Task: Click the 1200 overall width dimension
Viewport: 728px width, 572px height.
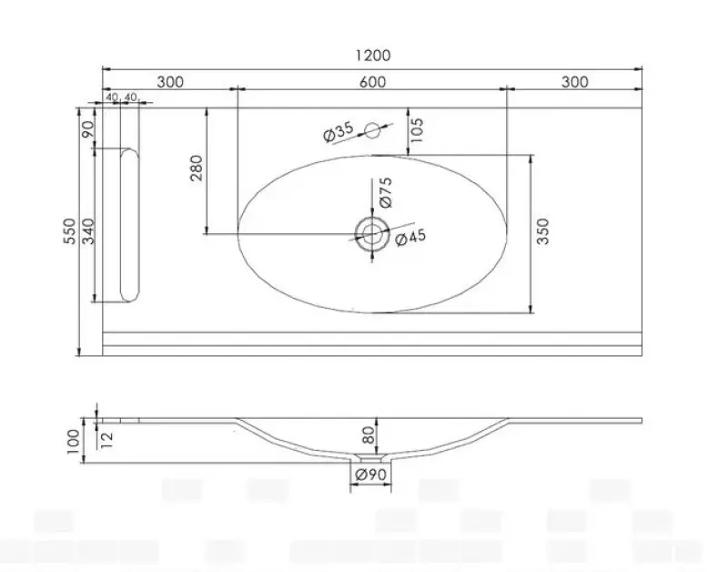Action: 372,56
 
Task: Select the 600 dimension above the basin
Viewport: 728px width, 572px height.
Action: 372,82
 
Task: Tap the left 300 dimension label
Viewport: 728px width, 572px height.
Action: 170,82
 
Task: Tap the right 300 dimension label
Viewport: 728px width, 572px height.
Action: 574,82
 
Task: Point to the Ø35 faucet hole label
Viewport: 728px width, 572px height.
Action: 339,132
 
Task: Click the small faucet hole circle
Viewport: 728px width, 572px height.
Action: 371,130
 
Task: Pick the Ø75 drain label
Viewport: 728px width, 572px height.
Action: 386,192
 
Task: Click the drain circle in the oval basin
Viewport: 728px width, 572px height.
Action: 372,232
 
